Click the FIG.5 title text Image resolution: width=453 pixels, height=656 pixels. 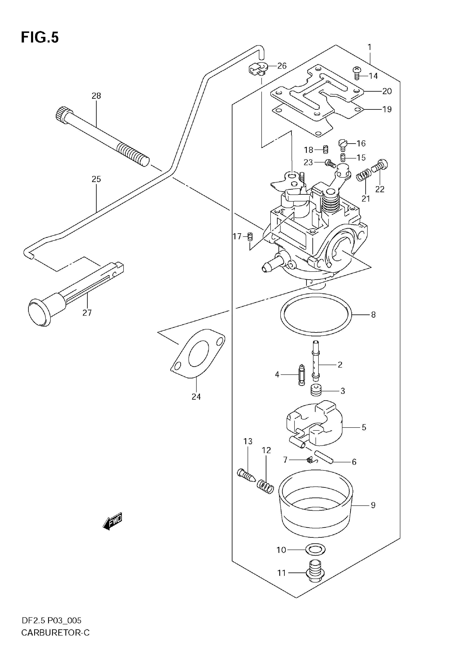[x=40, y=37]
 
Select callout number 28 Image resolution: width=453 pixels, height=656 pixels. [x=96, y=96]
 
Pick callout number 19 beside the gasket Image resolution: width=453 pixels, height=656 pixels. [x=387, y=110]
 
